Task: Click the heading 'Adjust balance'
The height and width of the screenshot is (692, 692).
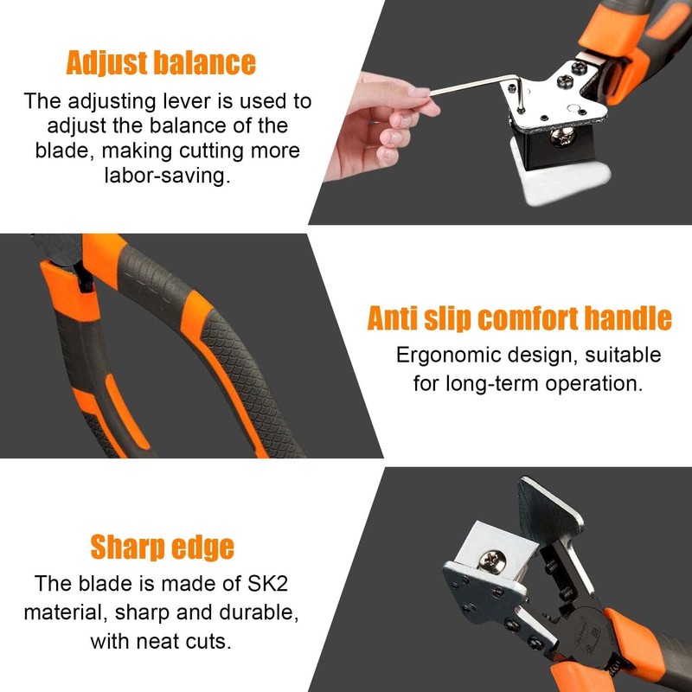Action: pos(161,62)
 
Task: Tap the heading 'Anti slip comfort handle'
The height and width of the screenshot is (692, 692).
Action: pos(519,317)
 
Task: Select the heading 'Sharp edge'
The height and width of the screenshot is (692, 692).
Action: pos(162,547)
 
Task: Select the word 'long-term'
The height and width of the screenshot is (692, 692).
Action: pos(490,382)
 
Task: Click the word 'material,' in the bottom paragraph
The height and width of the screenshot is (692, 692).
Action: pos(63,612)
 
